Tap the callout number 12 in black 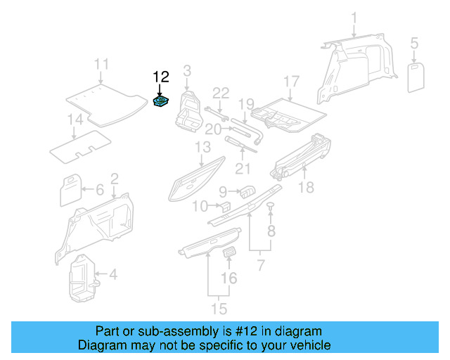click(x=161, y=77)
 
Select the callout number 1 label click(x=354, y=18)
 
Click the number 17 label click(x=291, y=81)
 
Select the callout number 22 click(x=221, y=93)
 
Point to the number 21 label click(x=242, y=168)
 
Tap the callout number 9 click(x=223, y=191)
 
